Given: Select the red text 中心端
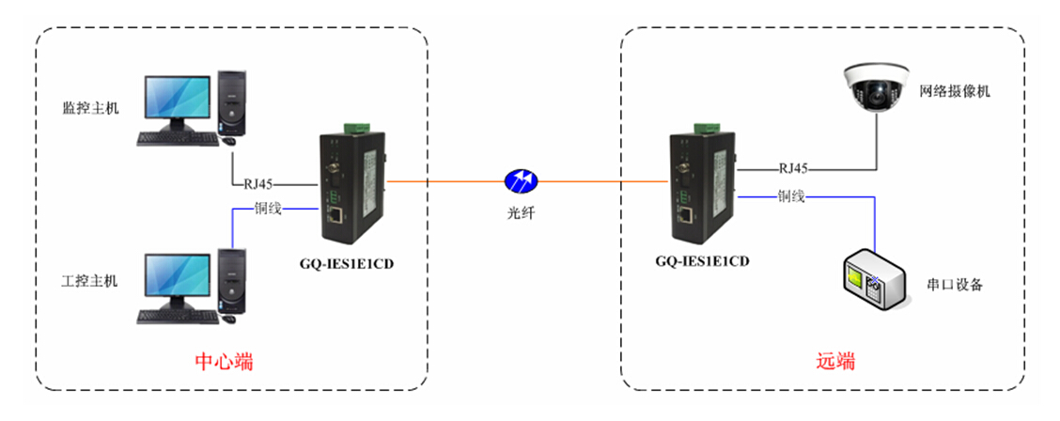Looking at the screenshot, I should click(224, 362).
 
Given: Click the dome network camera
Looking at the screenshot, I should click(876, 89).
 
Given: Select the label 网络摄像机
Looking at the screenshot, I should click(955, 92).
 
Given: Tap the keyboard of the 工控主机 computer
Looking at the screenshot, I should click(177, 317).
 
